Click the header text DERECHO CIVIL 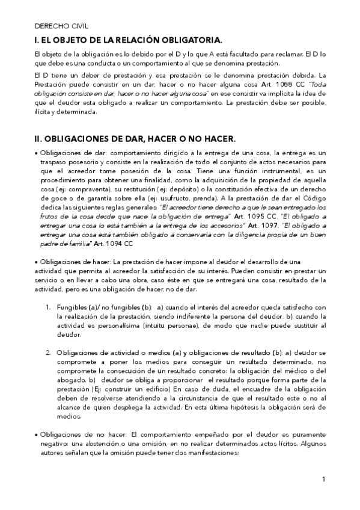pyautogui.click(x=58, y=27)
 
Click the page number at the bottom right pyautogui.click(x=323, y=479)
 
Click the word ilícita pyautogui.click(x=44, y=112)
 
